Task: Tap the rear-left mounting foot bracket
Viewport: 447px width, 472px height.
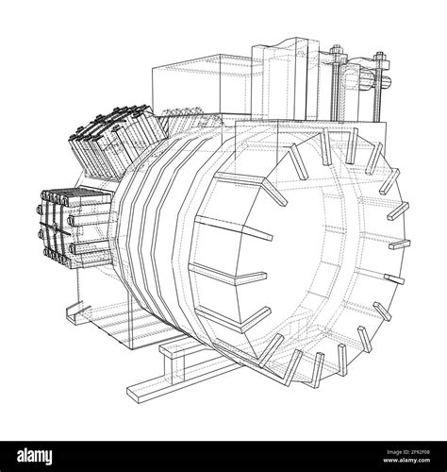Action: click(179, 351)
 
